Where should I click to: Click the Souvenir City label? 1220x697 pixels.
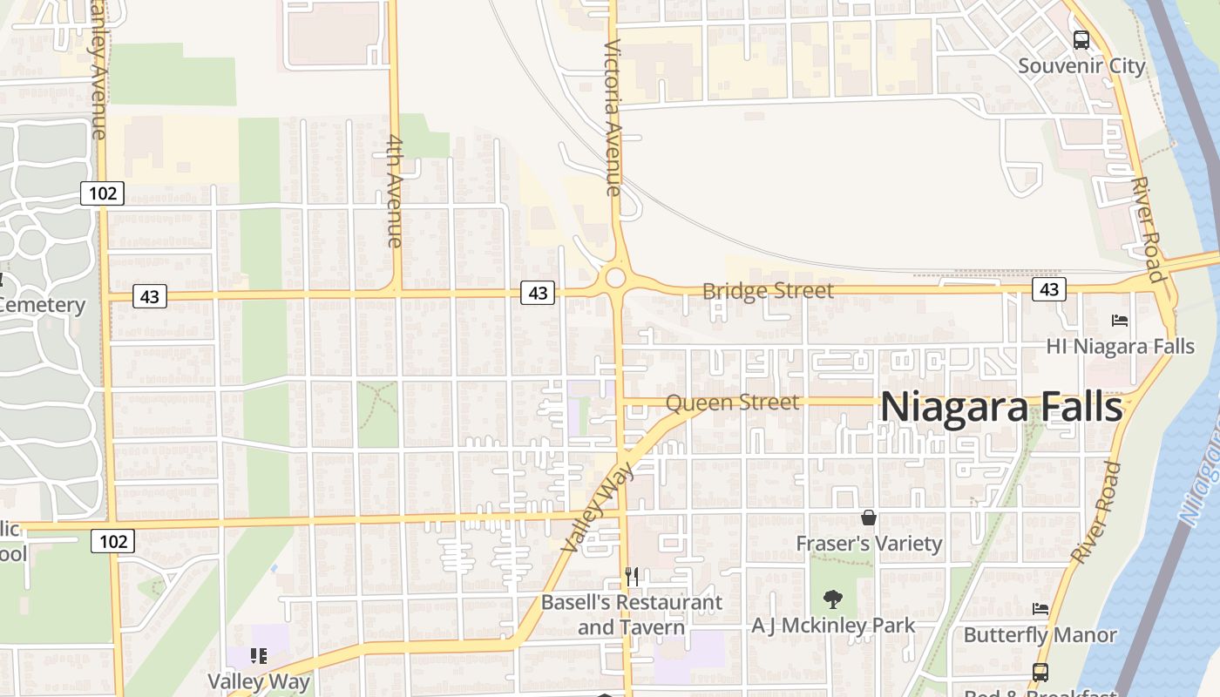click(1081, 65)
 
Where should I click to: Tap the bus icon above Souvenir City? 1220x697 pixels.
click(1081, 39)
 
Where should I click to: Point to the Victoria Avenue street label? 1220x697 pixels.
click(612, 117)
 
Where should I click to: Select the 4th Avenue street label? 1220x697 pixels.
click(394, 191)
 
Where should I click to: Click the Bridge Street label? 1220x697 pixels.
click(768, 291)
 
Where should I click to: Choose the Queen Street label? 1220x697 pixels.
click(732, 403)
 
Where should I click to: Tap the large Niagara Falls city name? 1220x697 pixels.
click(1001, 407)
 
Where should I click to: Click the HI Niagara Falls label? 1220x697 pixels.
click(1120, 346)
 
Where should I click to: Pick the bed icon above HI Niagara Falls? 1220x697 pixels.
click(1120, 321)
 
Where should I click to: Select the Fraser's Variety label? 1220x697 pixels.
click(869, 544)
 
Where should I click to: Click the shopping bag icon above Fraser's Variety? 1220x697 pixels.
click(869, 518)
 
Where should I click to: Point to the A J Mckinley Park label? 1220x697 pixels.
click(834, 626)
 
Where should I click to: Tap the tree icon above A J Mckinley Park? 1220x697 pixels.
click(834, 599)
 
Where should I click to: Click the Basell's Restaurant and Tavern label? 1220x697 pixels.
click(632, 614)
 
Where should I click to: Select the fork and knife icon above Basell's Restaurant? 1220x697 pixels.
click(632, 576)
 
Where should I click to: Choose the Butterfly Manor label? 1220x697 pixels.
click(1040, 634)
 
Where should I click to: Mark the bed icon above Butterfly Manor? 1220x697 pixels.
click(1040, 608)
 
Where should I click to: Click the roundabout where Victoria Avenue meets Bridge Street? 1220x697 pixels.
click(615, 279)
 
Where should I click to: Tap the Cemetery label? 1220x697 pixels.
click(42, 305)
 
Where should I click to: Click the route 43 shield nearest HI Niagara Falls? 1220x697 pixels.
click(1048, 288)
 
